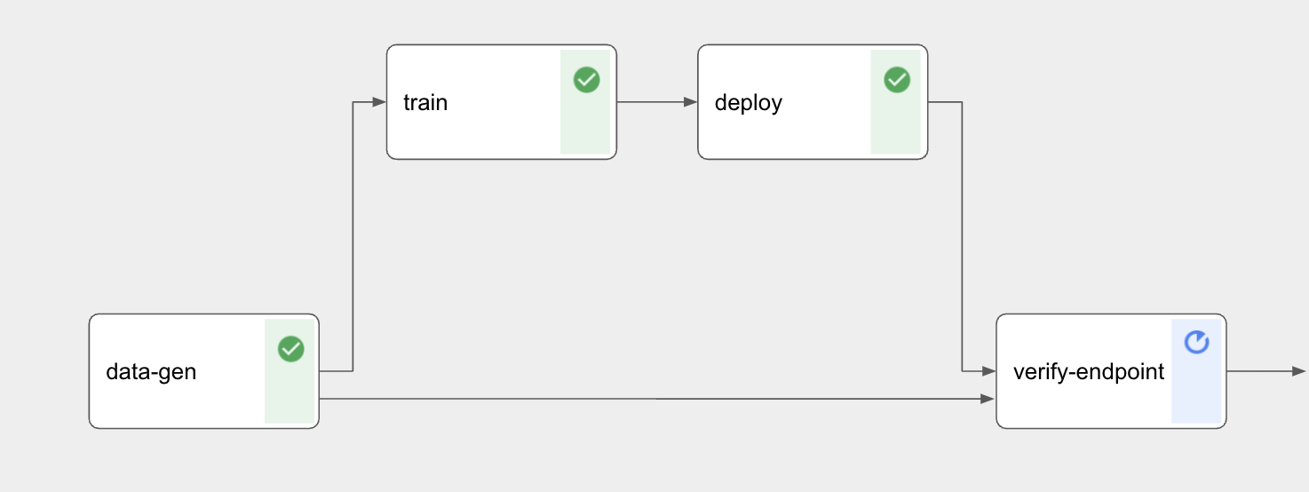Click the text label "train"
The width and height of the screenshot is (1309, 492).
click(425, 103)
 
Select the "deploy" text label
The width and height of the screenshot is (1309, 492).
click(748, 103)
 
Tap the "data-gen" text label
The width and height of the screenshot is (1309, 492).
click(151, 372)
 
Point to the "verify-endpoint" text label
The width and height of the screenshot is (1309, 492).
click(1088, 372)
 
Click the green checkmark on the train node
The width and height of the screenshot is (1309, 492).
click(586, 80)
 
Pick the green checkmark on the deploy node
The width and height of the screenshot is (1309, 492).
click(897, 80)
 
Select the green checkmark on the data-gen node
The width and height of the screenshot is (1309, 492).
click(290, 349)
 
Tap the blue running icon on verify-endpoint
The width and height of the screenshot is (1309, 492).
click(1196, 342)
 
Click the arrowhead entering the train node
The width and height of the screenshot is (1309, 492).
click(380, 103)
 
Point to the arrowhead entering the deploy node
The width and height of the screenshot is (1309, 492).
click(691, 103)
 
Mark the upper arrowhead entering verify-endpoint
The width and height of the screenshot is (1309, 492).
click(988, 371)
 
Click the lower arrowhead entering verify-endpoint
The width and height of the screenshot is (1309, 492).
click(988, 400)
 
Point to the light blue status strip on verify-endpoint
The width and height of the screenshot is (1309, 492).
click(1197, 391)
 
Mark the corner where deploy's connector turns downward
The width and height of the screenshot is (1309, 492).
click(962, 103)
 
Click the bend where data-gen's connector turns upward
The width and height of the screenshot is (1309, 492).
click(353, 371)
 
